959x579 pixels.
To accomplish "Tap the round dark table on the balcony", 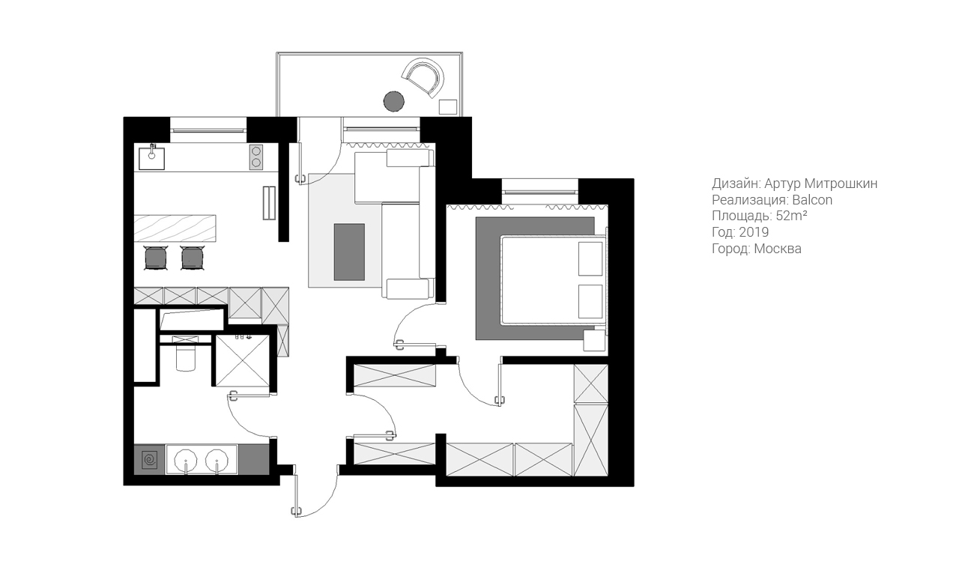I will pos(393,100).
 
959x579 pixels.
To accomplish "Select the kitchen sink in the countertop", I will pos(151,155).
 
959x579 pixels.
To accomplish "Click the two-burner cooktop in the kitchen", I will pos(256,156).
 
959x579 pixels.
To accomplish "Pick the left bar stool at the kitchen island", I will pos(155,258).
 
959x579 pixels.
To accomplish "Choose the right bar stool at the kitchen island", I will pos(192,258).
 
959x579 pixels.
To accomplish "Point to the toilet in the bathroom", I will pos(185,355).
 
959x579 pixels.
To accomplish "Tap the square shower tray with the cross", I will pos(242,360).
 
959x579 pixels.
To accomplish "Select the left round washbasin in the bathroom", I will pos(184,458).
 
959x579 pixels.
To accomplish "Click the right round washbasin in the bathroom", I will pos(217,458).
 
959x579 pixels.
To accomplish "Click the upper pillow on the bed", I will pos(590,258).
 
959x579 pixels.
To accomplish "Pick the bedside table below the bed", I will pos(595,341).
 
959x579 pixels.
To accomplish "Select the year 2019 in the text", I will pos(753,232).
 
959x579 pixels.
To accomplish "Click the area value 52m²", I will pos(791,216).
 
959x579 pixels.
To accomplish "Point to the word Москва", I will pos(778,249).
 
